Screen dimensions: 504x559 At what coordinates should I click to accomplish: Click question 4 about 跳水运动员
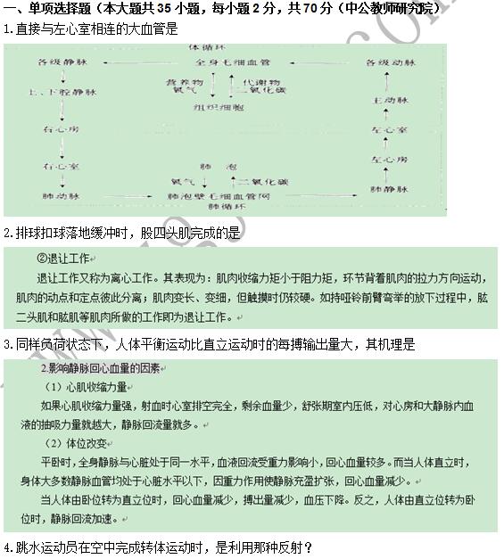coord(158,547)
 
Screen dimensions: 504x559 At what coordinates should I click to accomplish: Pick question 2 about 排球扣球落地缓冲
coord(121,233)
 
